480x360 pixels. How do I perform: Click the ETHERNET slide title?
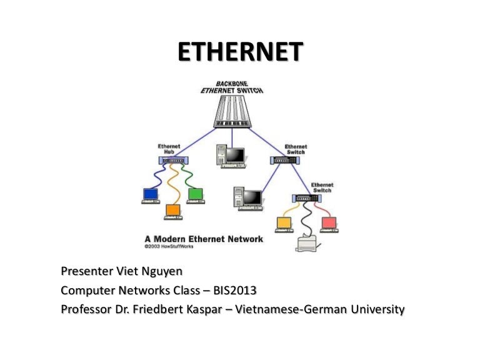[x=240, y=52]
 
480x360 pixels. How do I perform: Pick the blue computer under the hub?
[x=151, y=195]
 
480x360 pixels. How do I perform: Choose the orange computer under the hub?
[x=173, y=211]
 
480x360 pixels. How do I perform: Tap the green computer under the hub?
[x=196, y=195]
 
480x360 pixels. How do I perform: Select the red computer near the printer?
[x=329, y=223]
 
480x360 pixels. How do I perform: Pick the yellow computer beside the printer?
[x=284, y=223]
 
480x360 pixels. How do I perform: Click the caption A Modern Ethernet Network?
[x=204, y=239]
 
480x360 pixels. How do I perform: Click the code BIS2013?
[x=236, y=291]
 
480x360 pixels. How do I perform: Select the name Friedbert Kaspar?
[x=179, y=309]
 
